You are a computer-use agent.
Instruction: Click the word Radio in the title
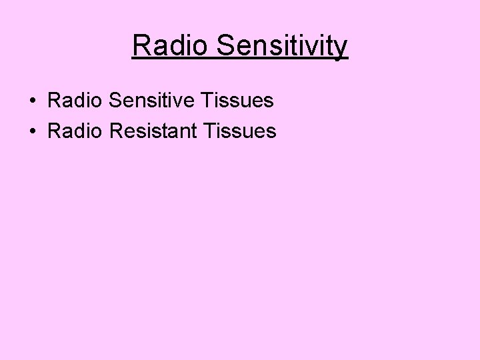171,46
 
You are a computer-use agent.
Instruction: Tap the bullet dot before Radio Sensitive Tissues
32,101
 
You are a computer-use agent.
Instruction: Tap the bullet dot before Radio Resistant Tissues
32,131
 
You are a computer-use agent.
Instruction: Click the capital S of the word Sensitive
111,101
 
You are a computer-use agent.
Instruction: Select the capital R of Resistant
113,131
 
